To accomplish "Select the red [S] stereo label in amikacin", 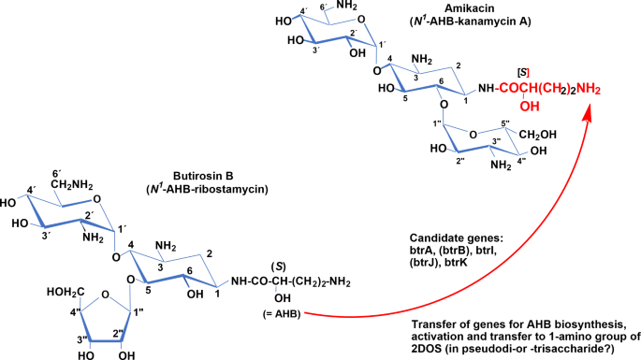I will (x=524, y=73).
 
